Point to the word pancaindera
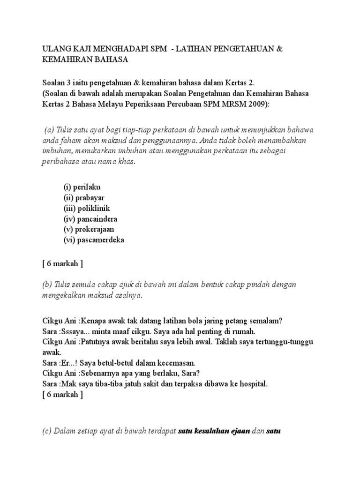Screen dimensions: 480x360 click(x=97, y=219)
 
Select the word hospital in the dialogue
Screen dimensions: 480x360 click(x=252, y=384)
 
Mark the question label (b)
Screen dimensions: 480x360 click(x=48, y=285)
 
